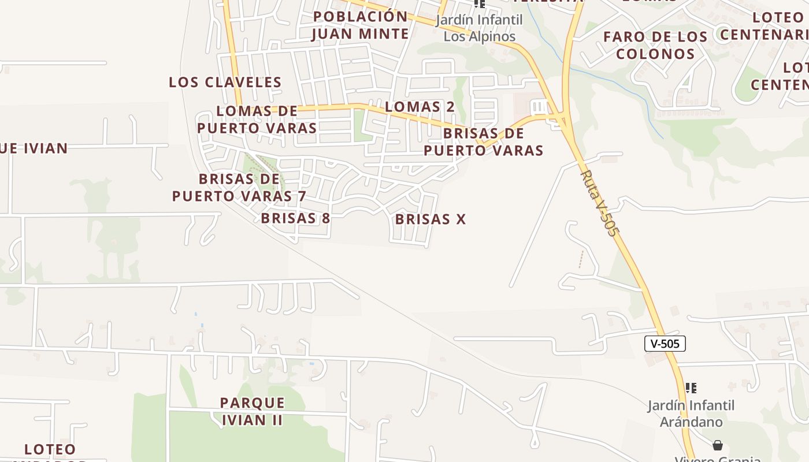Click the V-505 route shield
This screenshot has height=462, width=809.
pos(665,344)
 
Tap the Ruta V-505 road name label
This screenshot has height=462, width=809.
pos(599,202)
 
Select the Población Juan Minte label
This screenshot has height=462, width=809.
pos(360,25)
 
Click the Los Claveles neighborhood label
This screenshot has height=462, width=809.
pos(225,83)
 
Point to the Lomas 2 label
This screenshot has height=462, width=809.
pos(420,107)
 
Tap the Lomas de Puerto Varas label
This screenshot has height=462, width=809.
pos(257,120)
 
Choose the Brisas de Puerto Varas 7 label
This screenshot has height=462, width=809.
pos(239,188)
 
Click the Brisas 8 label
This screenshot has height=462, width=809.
pos(295,218)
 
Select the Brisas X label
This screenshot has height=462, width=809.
pos(430,219)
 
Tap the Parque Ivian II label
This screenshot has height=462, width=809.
pos(253,411)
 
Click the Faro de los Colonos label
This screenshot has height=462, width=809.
pos(655,45)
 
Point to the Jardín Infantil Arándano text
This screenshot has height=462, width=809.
pos(691,413)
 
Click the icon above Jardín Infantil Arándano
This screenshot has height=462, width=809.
pos(691,388)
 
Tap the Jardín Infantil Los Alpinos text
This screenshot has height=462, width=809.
pos(479,28)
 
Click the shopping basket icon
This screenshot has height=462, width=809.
pos(717,445)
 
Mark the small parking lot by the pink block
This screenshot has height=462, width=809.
pos(539,107)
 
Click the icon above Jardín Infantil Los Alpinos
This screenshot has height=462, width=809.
pos(479,3)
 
